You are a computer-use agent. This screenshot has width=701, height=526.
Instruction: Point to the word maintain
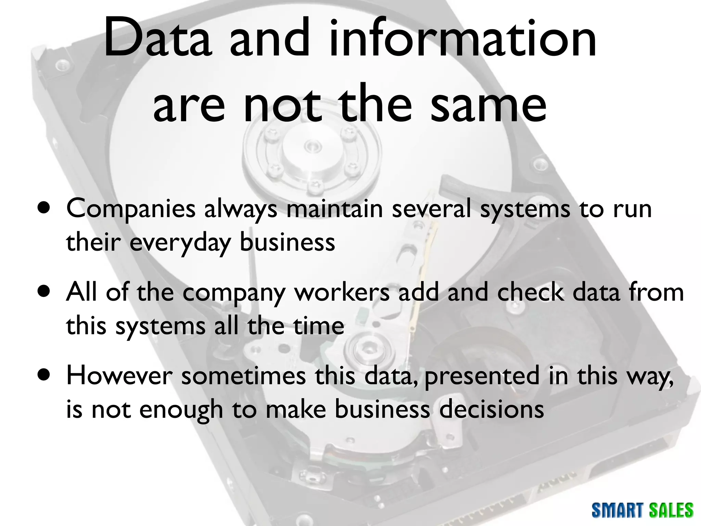(x=334, y=209)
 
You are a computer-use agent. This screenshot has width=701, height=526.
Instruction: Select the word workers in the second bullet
(x=342, y=292)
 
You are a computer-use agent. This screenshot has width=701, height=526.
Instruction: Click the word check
(x=530, y=292)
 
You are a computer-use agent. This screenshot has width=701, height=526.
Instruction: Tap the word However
(x=119, y=376)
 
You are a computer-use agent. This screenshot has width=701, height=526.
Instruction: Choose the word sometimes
(x=243, y=376)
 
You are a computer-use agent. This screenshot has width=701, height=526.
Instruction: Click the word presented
(x=482, y=376)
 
